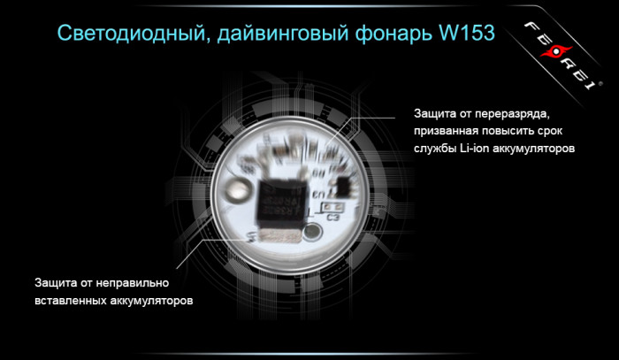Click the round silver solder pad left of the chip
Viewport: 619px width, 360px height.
pos(236,191)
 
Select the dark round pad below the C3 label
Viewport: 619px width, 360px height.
pos(312,234)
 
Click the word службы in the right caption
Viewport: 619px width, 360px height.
pos(432,149)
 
